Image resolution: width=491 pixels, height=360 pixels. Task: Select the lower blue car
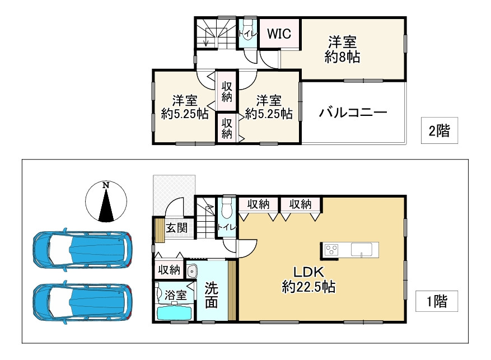pos(82,301)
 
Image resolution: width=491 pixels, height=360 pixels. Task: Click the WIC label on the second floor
pos(278,34)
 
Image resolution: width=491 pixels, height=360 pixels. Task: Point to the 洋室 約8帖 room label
pos(342,49)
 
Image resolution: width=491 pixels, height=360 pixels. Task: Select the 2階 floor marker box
pos(439,132)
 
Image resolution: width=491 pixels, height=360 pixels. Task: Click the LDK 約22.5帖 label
pos(308,279)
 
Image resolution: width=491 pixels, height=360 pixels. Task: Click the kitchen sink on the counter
pos(364,250)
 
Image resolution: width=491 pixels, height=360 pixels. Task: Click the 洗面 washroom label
pos(211,295)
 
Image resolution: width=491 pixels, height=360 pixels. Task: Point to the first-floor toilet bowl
pos(227,209)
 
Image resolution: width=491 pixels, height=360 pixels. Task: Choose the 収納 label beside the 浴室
pos(169,270)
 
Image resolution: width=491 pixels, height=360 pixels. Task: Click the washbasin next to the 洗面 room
pos(191,271)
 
